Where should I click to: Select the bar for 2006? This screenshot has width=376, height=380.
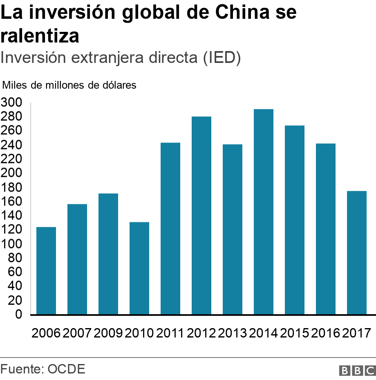pos(46,270)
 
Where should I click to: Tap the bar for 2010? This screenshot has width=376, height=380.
pos(139,268)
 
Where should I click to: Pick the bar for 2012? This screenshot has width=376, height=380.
pos(201,215)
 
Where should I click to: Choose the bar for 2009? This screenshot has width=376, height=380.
pos(108,254)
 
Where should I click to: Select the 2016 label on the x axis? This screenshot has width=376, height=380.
pos(325,333)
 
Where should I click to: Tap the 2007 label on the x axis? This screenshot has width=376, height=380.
pos(77,333)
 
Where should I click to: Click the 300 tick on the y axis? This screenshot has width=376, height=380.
pos(11,103)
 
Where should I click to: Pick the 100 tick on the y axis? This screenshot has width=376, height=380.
pos(11,244)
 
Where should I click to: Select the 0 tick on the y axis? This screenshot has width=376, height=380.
pos(19,315)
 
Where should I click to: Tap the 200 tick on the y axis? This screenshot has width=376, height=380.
pos(11,173)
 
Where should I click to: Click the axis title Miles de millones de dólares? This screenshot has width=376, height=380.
pos(69,85)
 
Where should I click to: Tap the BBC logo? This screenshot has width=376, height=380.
pos(357,370)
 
